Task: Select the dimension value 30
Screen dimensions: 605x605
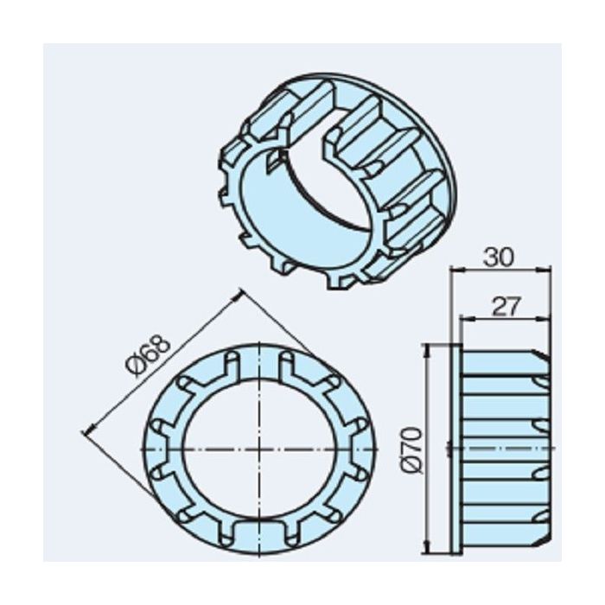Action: (x=500, y=258)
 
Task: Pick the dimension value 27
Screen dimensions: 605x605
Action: (x=504, y=306)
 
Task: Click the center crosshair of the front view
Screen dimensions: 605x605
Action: (x=258, y=449)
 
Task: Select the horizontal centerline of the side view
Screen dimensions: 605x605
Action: (x=501, y=449)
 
